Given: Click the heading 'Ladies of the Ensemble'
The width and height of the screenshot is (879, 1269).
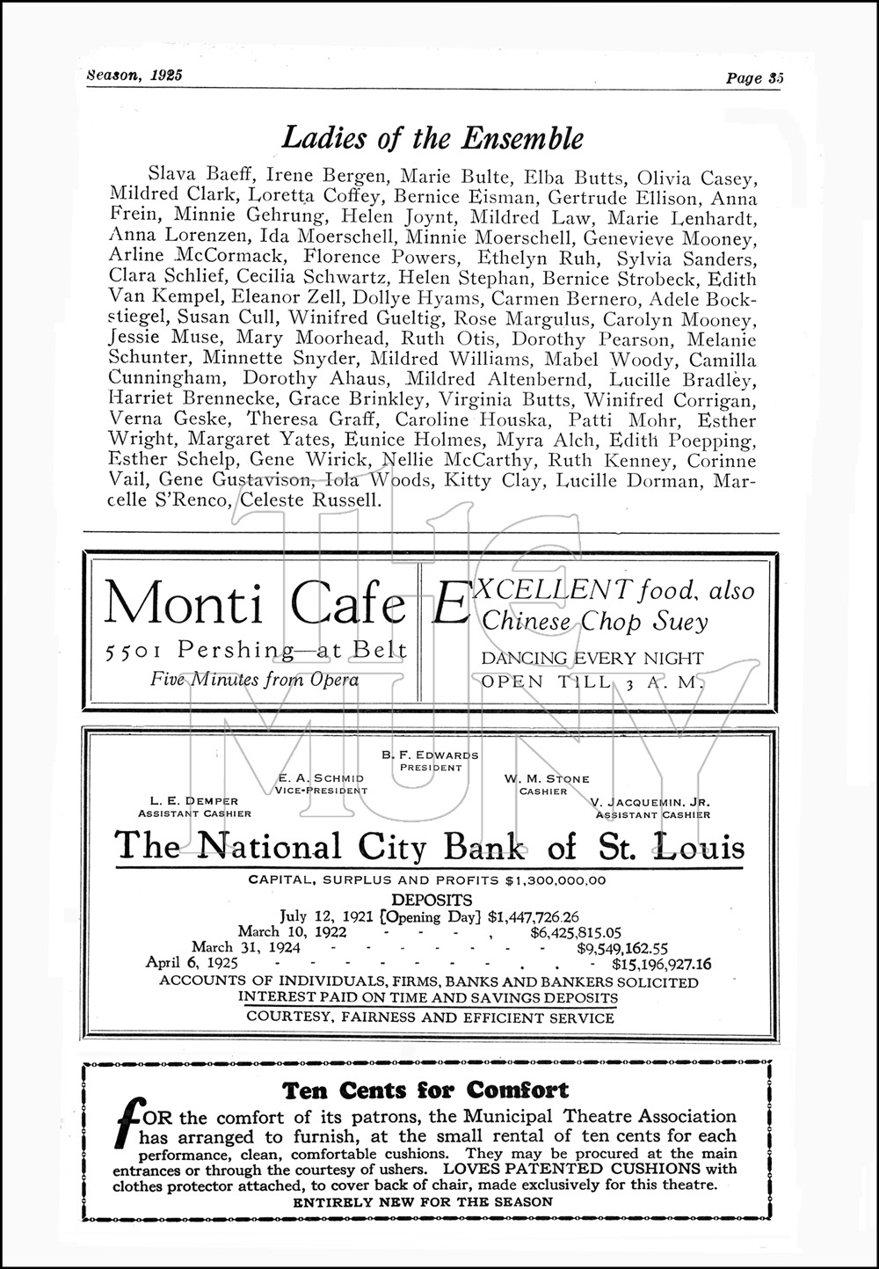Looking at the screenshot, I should click(432, 138).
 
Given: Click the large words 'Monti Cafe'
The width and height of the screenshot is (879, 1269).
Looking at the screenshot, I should click(254, 606).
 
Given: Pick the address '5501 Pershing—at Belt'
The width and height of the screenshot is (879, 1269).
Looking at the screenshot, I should click(255, 651).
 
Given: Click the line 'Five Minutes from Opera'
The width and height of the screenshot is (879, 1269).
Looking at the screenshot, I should click(254, 678).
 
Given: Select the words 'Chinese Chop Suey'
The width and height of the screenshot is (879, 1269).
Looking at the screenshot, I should click(595, 622).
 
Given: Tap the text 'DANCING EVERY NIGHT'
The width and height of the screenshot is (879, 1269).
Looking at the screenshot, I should click(592, 658).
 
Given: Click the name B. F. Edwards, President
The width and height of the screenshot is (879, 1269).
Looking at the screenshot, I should click(430, 755).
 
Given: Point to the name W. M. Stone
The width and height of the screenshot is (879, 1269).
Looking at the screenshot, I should click(547, 779).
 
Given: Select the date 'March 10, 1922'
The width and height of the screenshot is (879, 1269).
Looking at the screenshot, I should click(292, 931).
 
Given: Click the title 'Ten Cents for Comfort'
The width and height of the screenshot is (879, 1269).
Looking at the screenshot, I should click(425, 1091).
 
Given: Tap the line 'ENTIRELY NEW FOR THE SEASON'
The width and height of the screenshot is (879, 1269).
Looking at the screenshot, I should click(423, 1201).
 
